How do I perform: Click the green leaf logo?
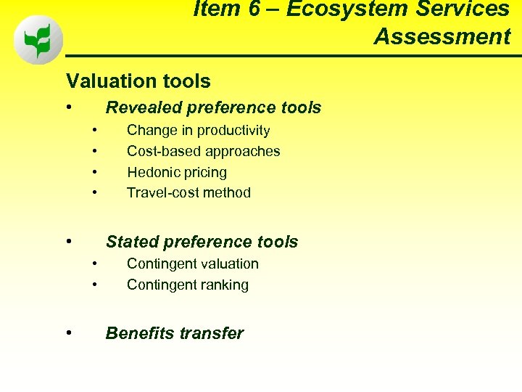pyautogui.click(x=38, y=40)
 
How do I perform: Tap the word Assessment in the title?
pyautogui.click(x=442, y=36)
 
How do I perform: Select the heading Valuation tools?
pyautogui.click(x=138, y=81)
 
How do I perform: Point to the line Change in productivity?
pyautogui.click(x=198, y=131)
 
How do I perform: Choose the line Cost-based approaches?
pyautogui.click(x=203, y=151)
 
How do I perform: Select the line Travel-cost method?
pyautogui.click(x=188, y=192)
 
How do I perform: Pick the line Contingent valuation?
pyautogui.click(x=192, y=264)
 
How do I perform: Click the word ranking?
pyautogui.click(x=224, y=285)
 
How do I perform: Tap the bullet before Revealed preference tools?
pyautogui.click(x=68, y=107)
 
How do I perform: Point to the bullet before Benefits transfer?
pyautogui.click(x=68, y=332)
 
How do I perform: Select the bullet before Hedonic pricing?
pyautogui.click(x=95, y=173)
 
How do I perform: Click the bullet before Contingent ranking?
pyautogui.click(x=95, y=285)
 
